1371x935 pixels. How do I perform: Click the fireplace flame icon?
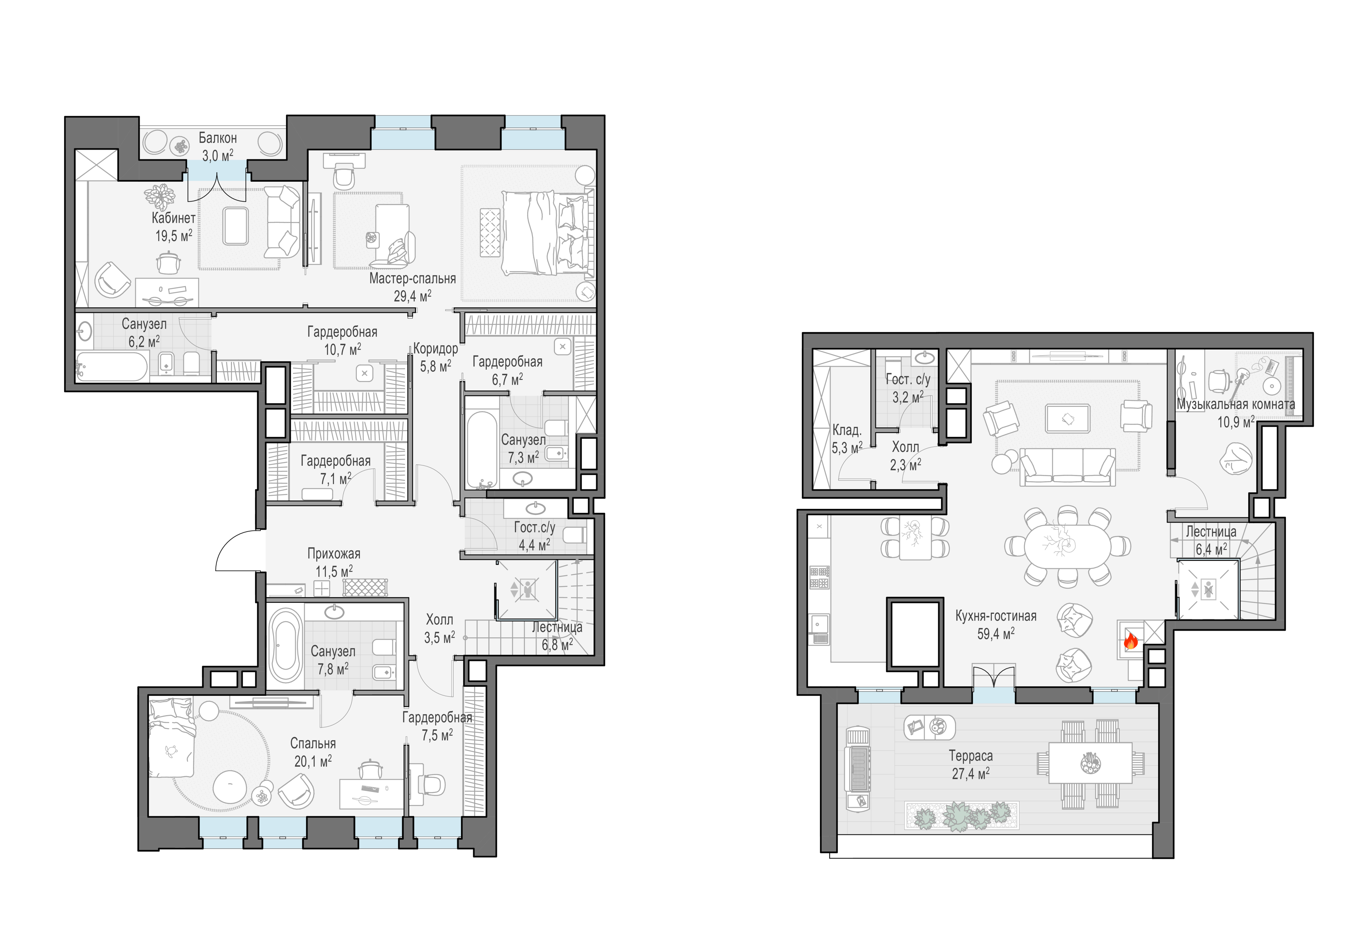[x=1130, y=641]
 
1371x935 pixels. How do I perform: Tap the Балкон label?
[x=218, y=138]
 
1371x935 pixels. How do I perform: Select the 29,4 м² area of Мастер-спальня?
[x=412, y=296]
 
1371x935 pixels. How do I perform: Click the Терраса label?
[x=970, y=756]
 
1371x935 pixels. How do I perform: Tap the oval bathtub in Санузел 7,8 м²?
[x=285, y=646]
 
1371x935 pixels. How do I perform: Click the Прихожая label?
[x=334, y=554]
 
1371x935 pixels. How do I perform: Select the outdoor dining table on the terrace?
[x=1090, y=763]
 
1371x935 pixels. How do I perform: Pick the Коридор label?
[x=435, y=348]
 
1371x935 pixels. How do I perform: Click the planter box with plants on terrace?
[x=962, y=816]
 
